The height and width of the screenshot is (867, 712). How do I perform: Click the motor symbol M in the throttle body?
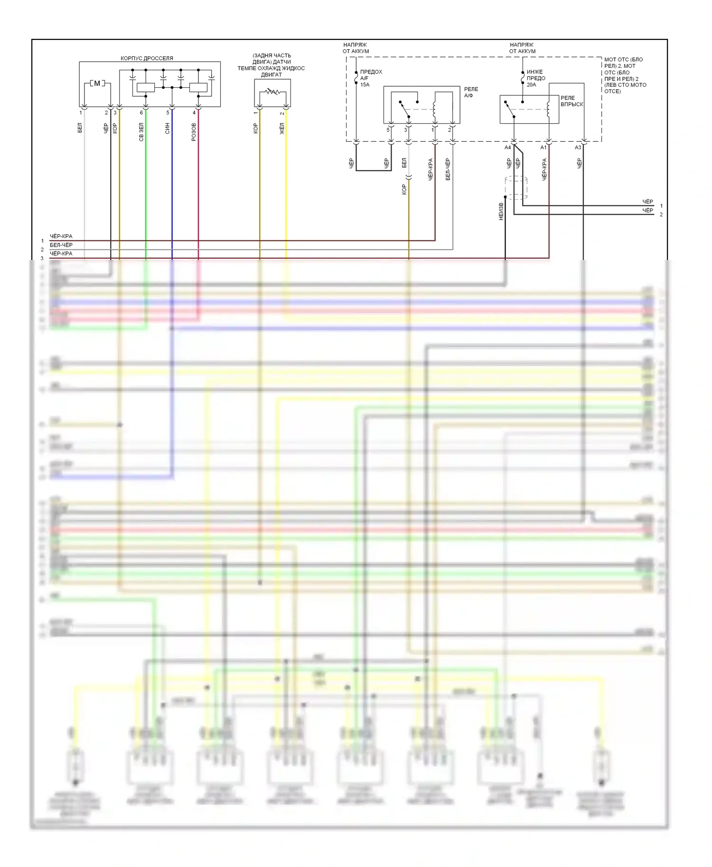[x=97, y=83]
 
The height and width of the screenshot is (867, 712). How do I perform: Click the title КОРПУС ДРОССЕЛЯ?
[x=147, y=58]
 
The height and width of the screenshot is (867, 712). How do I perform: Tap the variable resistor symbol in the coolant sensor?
[x=272, y=92]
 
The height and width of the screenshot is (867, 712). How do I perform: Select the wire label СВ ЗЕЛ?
[x=141, y=132]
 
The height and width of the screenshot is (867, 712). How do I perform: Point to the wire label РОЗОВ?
[x=194, y=132]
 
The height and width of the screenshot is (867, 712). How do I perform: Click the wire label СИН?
[x=167, y=129]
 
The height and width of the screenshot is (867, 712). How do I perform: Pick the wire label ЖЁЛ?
[x=281, y=129]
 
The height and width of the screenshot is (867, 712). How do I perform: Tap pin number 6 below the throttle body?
[x=141, y=113]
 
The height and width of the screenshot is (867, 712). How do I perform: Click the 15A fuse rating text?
[x=365, y=85]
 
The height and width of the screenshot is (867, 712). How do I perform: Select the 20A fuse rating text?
[x=531, y=85]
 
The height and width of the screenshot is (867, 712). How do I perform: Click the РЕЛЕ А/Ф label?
[x=471, y=92]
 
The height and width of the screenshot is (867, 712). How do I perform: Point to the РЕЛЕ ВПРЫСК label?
[x=571, y=101]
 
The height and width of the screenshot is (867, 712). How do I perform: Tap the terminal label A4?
[x=507, y=148]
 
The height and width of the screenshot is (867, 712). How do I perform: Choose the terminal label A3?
[x=578, y=148]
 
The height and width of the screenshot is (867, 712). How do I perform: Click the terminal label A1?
[x=543, y=148]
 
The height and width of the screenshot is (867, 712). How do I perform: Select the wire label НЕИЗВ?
[x=501, y=212]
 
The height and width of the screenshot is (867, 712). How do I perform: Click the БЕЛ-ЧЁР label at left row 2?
[x=61, y=245]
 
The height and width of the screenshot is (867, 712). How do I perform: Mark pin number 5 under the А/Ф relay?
[x=388, y=130]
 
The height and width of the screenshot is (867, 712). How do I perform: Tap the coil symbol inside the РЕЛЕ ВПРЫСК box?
[x=548, y=109]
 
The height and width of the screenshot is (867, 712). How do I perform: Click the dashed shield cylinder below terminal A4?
[x=516, y=187]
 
